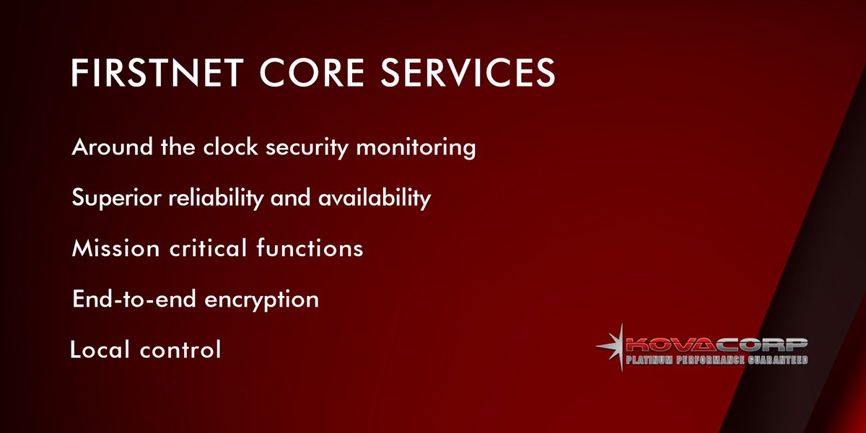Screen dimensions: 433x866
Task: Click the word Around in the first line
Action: (x=112, y=147)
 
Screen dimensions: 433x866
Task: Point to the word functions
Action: (x=310, y=248)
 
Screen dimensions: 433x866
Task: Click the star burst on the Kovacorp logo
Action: (x=613, y=347)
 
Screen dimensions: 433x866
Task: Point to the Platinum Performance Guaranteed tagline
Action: (x=716, y=359)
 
